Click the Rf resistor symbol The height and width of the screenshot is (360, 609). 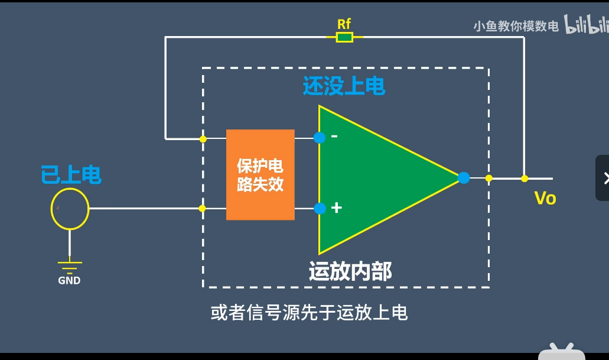coord(344,37)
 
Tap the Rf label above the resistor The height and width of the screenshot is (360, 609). coord(344,24)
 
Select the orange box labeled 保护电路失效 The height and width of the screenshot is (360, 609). coord(260,174)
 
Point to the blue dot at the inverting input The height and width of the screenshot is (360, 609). coord(320,138)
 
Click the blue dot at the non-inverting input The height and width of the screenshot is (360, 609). coord(320,208)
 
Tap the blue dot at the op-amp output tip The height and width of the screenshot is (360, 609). coord(464,177)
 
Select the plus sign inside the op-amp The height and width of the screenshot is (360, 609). coord(337,208)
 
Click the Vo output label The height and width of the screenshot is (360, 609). coord(545,198)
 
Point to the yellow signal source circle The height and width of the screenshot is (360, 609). coord(70,209)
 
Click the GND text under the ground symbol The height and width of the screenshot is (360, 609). coord(69,281)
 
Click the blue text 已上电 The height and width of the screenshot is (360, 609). coord(71,175)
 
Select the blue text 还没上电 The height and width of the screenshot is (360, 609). coord(344,86)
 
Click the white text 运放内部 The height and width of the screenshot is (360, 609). coord(350,271)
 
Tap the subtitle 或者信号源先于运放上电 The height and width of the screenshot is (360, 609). coord(309,312)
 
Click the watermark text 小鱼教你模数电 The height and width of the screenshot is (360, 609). coord(516,27)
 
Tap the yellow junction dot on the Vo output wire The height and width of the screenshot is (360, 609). coord(524,178)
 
